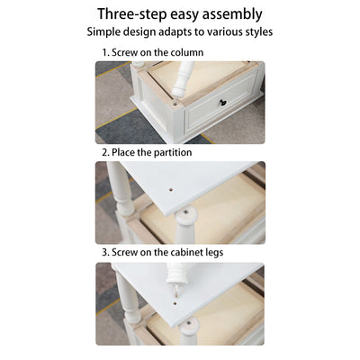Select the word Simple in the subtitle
[x=103, y=31]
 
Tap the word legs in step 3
[x=214, y=253]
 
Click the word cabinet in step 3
[x=186, y=252]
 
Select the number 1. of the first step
[x=106, y=52]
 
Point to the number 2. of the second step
[x=106, y=152]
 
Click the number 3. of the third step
[x=106, y=252]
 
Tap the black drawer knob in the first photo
[x=222, y=103]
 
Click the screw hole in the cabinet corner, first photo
[x=175, y=104]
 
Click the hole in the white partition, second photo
[x=171, y=190]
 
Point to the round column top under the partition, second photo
[x=186, y=214]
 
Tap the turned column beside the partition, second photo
[x=121, y=188]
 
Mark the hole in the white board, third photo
[x=175, y=303]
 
